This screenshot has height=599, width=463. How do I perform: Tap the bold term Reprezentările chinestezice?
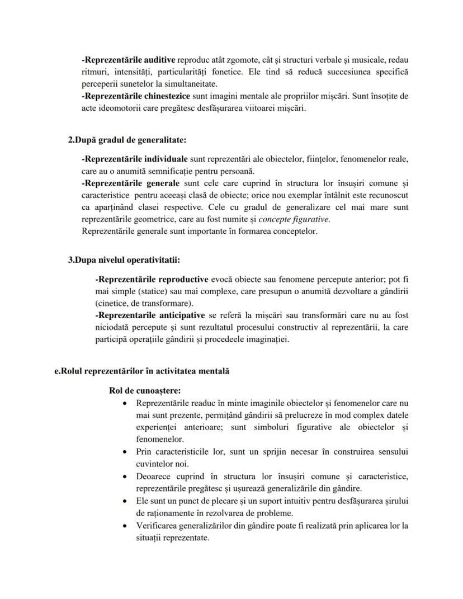[133, 96]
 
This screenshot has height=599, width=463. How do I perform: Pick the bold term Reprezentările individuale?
[134, 159]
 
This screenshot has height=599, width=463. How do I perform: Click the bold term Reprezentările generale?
[130, 183]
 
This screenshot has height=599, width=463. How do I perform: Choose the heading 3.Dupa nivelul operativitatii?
[124, 260]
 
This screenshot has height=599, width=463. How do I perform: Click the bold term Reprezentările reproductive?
[152, 279]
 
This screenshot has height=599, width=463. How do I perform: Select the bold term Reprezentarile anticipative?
[150, 315]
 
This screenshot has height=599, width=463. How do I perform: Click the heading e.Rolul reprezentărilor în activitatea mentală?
[138, 371]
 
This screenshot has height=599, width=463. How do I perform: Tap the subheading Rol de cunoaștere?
[145, 390]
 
